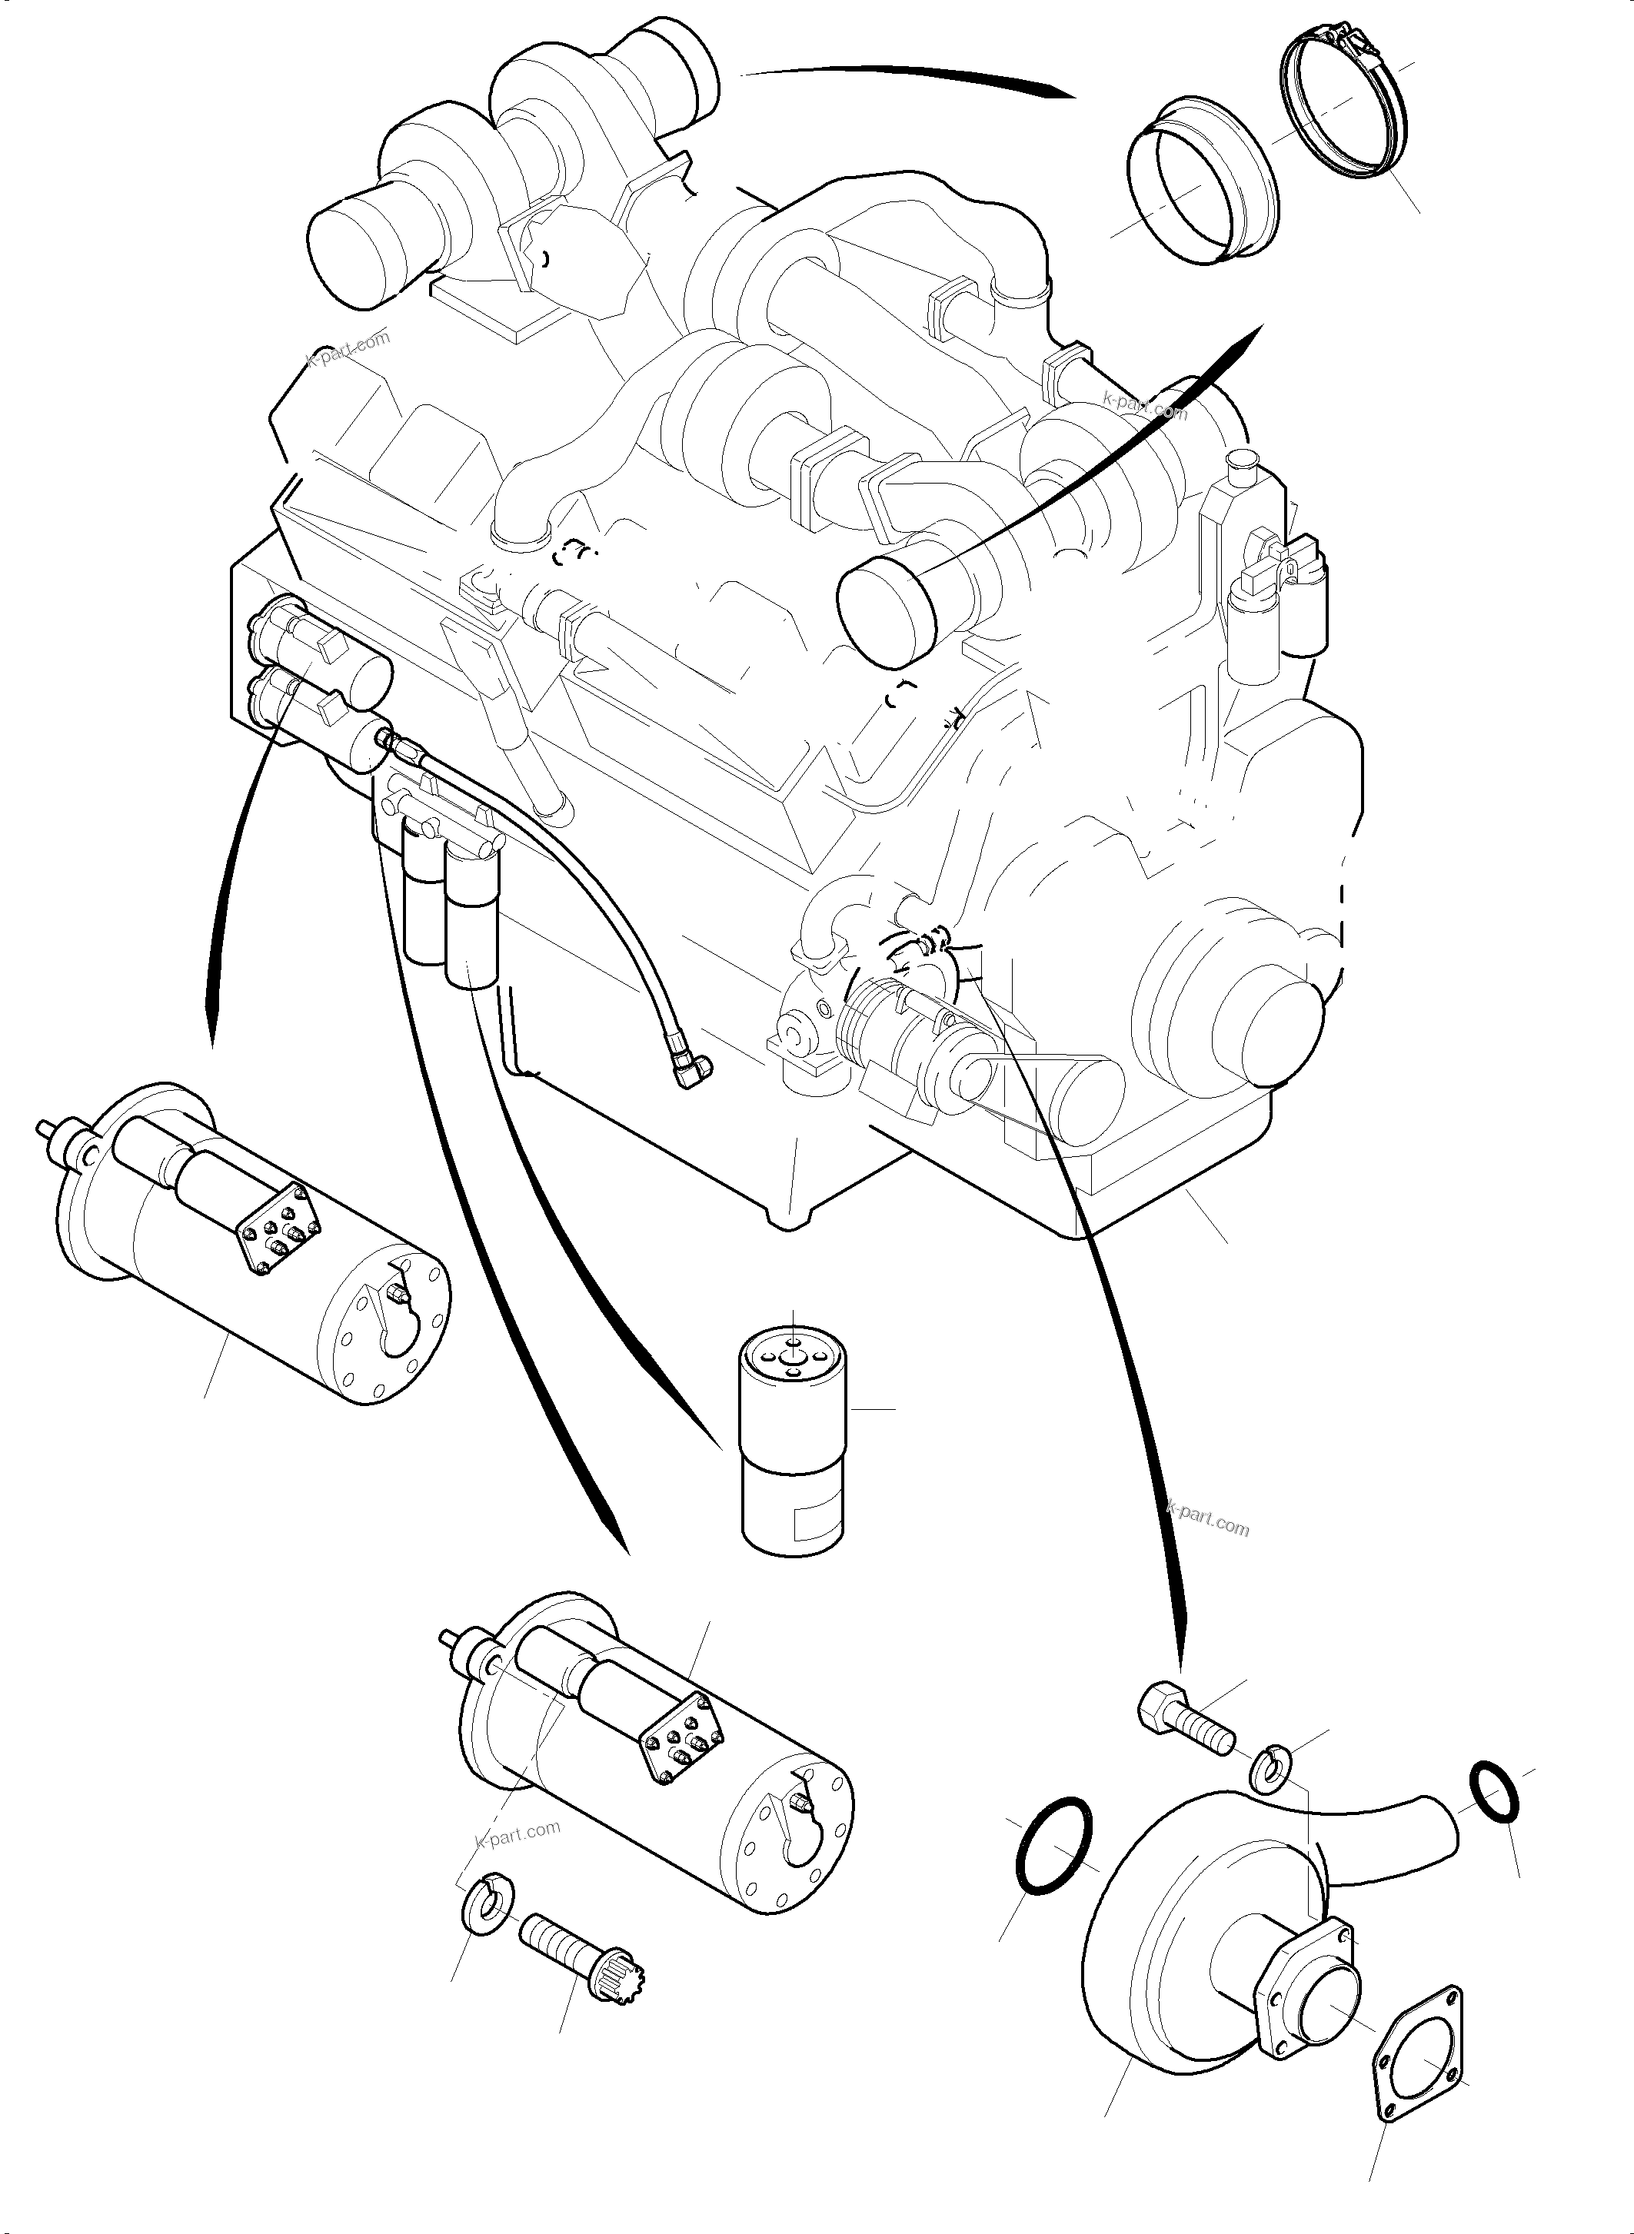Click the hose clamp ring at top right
(1347, 109)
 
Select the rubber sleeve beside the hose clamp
(1199, 180)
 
